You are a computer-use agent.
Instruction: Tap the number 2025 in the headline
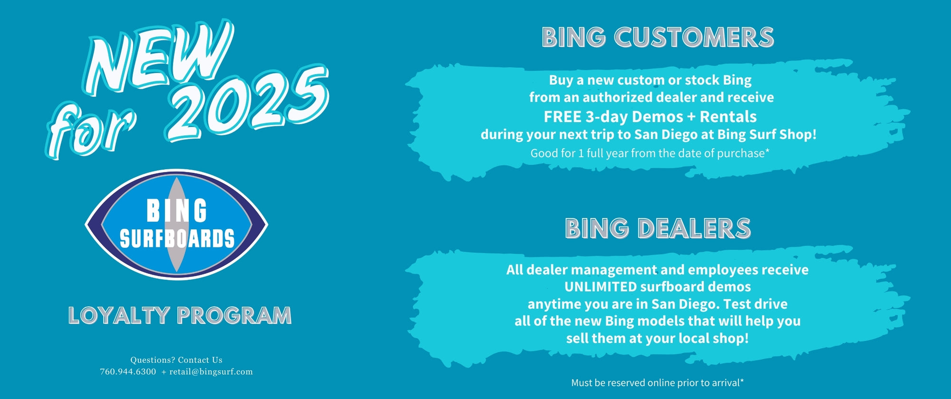click(247, 102)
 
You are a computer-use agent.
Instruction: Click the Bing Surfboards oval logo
click(176, 225)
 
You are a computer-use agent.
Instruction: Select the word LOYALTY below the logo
click(119, 315)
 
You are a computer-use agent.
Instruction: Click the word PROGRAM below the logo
click(234, 315)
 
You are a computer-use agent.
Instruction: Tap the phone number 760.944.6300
click(128, 371)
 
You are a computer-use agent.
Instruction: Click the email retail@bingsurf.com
click(211, 371)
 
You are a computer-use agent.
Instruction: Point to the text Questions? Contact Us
click(176, 360)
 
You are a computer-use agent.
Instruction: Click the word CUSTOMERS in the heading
click(694, 37)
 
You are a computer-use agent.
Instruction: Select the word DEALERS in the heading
click(694, 228)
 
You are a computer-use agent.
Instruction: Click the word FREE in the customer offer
click(563, 116)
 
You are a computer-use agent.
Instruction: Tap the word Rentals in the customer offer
click(728, 116)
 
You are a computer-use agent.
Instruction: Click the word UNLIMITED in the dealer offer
click(601, 286)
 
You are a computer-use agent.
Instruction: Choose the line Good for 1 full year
click(650, 153)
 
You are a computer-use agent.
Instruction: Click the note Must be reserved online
click(658, 382)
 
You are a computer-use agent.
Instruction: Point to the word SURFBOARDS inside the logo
click(177, 238)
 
